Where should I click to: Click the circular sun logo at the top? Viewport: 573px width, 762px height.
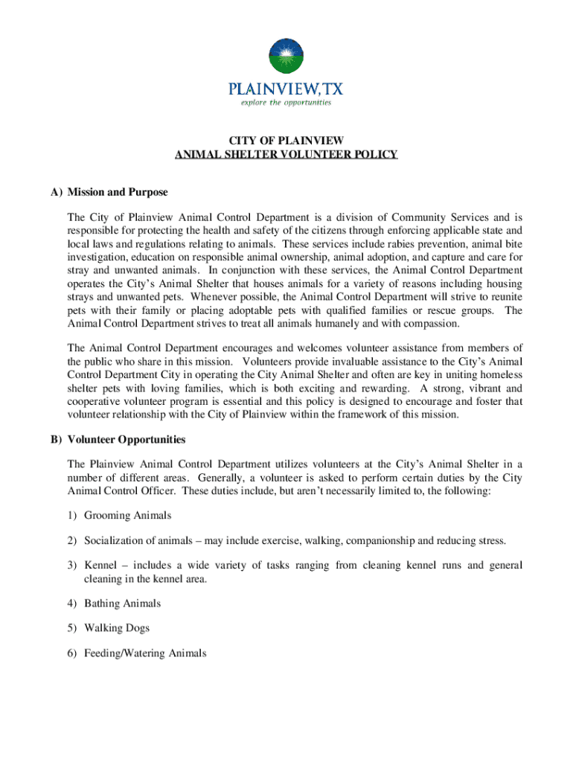(x=286, y=57)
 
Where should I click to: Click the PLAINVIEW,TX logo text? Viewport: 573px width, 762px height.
(x=286, y=89)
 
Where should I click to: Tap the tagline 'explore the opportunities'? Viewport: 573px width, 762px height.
(x=286, y=103)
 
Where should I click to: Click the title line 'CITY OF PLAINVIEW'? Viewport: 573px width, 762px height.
(x=286, y=141)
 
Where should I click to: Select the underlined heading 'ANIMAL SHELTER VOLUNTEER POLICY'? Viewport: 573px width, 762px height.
(x=286, y=155)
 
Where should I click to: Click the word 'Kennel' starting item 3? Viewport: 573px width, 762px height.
(x=100, y=566)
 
